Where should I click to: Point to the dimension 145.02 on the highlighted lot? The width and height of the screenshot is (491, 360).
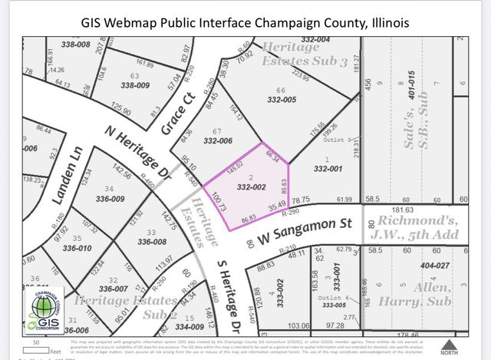click(x=235, y=163)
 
